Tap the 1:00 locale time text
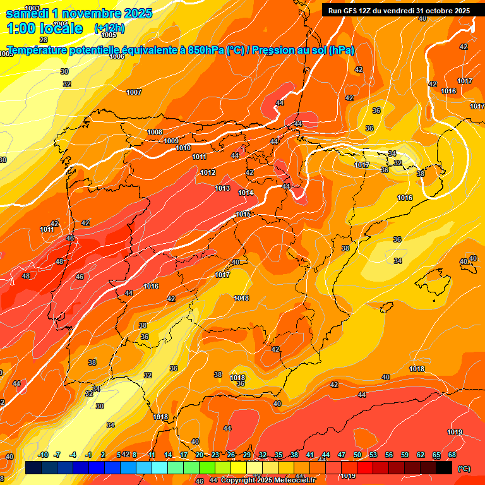(44, 28)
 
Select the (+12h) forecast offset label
(109, 28)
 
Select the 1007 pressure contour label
(134, 92)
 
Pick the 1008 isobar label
(155, 132)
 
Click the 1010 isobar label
(183, 148)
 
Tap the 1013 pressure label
(222, 188)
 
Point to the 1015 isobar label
(244, 214)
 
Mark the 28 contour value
(44, 39)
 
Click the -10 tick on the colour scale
(44, 455)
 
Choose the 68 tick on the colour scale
(452, 455)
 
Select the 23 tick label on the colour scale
(215, 455)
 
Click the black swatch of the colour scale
(444, 467)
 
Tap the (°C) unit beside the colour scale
(464, 468)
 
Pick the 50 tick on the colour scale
(357, 455)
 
